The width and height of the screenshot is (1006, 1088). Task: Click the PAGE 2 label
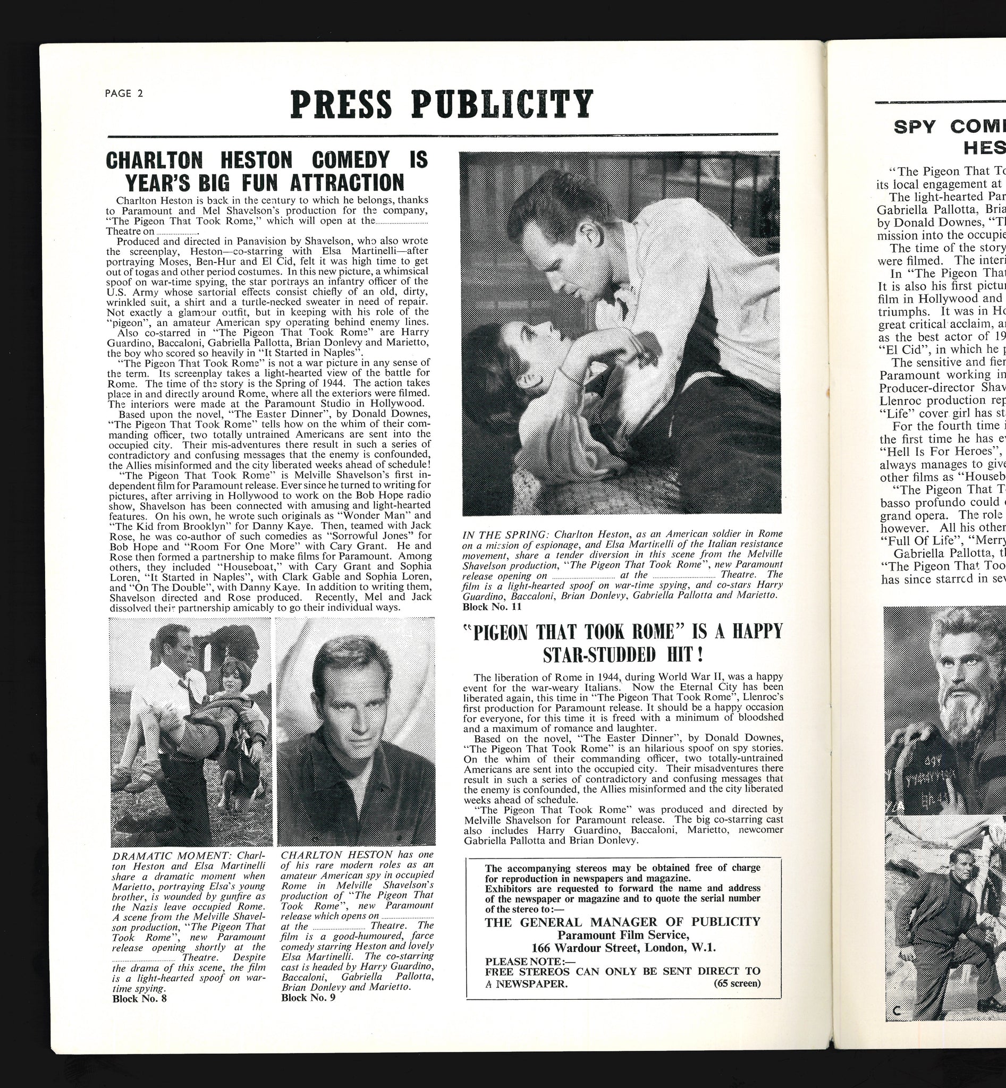(124, 93)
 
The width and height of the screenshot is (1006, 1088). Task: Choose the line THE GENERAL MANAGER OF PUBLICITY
(622, 921)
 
